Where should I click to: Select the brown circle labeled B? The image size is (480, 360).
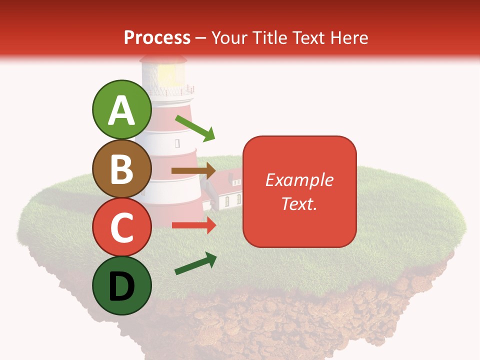[121, 168]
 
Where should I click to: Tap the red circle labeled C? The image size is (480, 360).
[121, 227]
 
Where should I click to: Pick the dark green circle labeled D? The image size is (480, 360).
[121, 285]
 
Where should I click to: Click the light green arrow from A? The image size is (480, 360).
[195, 128]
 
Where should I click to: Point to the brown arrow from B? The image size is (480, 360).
[193, 171]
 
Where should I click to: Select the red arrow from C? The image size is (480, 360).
[193, 225]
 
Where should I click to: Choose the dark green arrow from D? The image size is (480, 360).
[195, 264]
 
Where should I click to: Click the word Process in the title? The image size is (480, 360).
[157, 37]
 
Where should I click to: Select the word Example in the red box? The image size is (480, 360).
[299, 180]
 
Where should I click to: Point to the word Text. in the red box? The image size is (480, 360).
[299, 203]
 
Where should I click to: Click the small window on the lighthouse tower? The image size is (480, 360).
[177, 143]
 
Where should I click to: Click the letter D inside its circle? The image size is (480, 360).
[121, 286]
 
